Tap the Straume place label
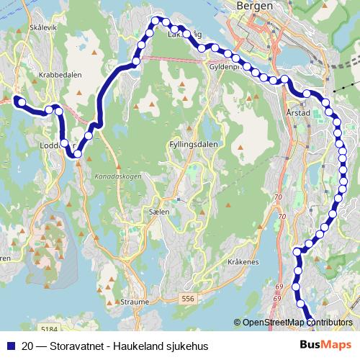[135, 302]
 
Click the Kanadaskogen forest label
[117, 176]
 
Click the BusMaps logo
[326, 344]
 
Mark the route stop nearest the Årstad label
[307, 94]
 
